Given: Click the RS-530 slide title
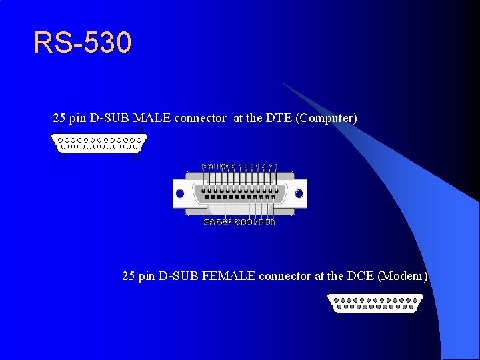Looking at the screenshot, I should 83,43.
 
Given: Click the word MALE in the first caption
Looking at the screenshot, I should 152,118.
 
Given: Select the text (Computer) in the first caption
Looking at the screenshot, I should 327,118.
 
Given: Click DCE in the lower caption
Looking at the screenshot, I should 360,275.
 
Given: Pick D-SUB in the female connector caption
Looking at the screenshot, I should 179,275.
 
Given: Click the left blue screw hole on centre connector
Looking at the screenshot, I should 179,194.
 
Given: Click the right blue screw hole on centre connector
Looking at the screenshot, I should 299,194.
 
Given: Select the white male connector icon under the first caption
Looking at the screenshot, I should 99,144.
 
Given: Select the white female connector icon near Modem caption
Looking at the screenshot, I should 375,303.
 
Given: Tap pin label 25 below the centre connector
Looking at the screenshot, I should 207,222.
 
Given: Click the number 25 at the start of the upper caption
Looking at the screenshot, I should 59,118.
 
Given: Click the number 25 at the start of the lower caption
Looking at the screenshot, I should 129,275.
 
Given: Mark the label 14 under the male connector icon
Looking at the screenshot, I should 63,158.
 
